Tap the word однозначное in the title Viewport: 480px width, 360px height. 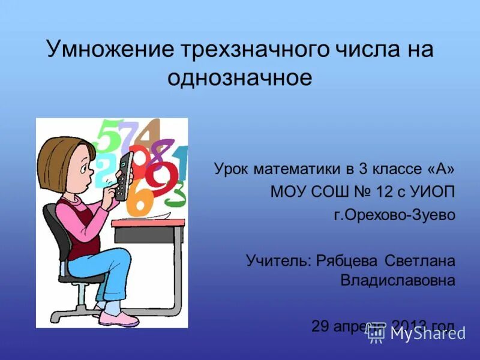[x=240, y=79]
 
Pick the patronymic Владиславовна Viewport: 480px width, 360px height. [x=397, y=280]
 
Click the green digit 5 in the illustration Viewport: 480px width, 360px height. [x=109, y=136]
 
